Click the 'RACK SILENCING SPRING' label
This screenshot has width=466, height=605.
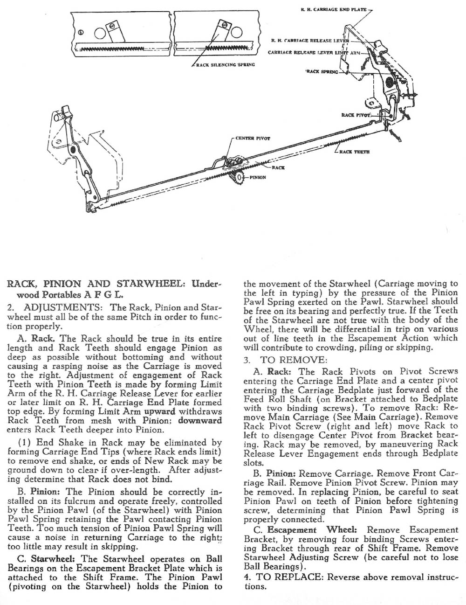(225, 64)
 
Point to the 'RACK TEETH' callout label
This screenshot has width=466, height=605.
(355, 152)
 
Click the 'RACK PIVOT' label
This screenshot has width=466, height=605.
(356, 114)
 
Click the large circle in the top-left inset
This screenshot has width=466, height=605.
(101, 33)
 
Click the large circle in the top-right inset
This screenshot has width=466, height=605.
(236, 32)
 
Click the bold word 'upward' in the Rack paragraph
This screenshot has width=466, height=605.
(159, 411)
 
